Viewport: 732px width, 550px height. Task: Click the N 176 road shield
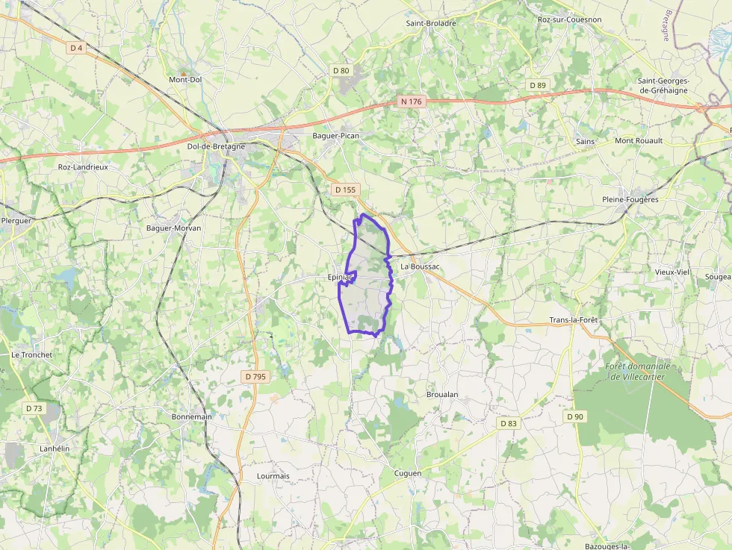tap(412, 101)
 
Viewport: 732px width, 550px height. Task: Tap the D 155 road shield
tap(346, 190)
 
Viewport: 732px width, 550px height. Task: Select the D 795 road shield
tap(255, 377)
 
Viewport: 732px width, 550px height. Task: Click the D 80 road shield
tap(341, 70)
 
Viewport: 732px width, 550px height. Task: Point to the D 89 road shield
tap(538, 85)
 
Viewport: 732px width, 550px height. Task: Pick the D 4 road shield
tap(76, 48)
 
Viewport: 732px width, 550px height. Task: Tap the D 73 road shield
tap(34, 408)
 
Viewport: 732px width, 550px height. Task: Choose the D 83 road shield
tap(508, 423)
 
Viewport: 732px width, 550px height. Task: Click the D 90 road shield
tap(574, 416)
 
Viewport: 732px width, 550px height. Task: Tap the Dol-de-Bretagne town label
tap(216, 146)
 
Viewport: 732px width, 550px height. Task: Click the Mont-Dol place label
tap(185, 79)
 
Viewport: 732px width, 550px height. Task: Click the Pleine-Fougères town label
tap(630, 199)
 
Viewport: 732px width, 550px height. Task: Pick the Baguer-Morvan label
tap(173, 228)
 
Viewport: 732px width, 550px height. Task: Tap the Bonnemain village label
tap(192, 416)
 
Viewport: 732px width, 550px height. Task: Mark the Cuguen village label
tap(407, 473)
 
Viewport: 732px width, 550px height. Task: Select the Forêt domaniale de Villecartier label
tap(637, 371)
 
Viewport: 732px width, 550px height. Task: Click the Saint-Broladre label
tap(431, 23)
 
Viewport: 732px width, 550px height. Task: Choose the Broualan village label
tap(441, 394)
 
